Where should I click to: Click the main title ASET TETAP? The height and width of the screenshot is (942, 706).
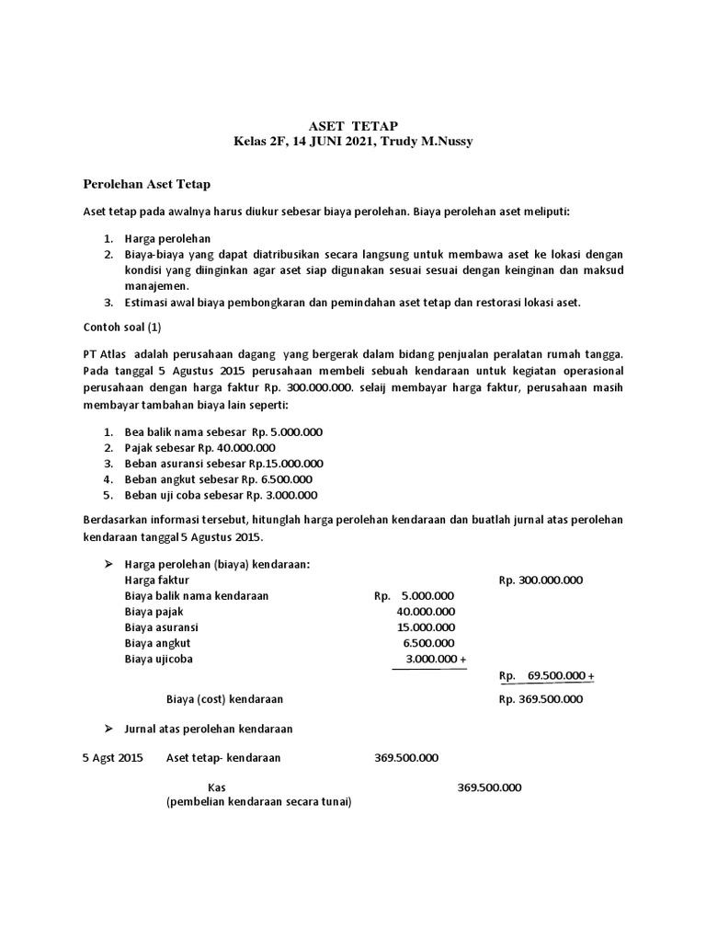pyautogui.click(x=353, y=126)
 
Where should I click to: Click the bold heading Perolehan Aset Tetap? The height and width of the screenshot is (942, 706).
pyautogui.click(x=147, y=185)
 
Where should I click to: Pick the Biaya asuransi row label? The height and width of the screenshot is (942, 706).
pyautogui.click(x=161, y=627)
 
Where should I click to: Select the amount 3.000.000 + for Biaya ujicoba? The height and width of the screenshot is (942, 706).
pyautogui.click(x=436, y=659)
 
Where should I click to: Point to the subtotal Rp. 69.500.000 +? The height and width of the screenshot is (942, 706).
pyautogui.click(x=546, y=676)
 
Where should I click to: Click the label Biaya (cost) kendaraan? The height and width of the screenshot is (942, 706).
pyautogui.click(x=223, y=698)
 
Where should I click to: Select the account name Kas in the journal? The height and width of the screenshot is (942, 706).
pyautogui.click(x=217, y=787)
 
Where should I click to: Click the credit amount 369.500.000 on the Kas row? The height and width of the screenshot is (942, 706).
pyautogui.click(x=489, y=787)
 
